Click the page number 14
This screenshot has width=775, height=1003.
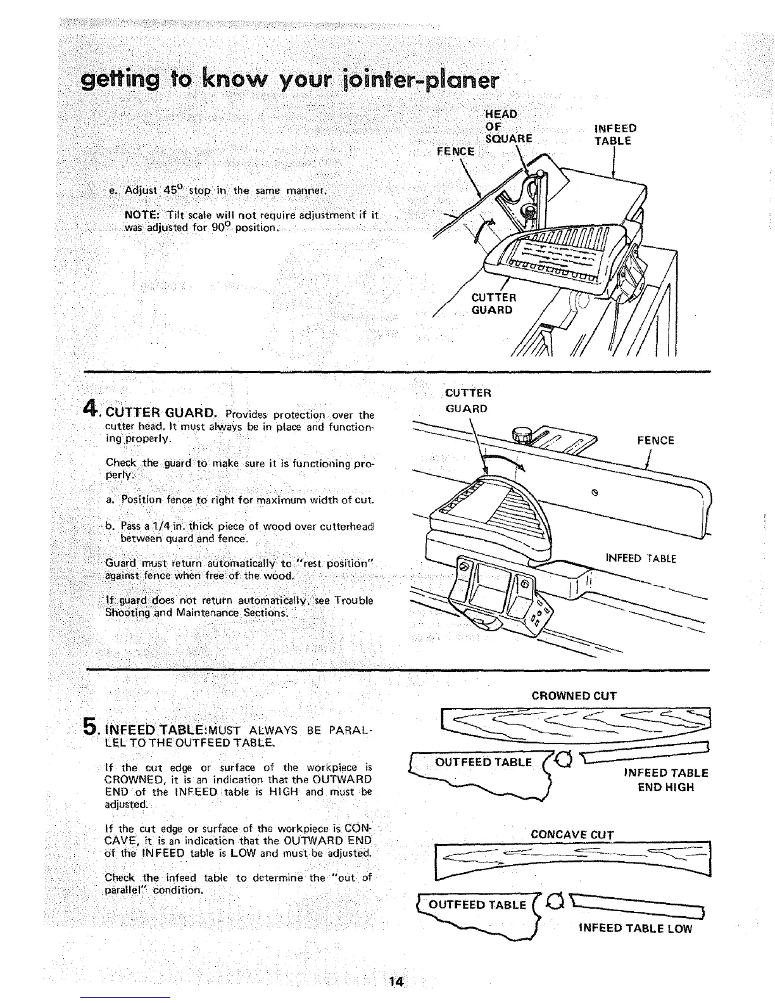[397, 982]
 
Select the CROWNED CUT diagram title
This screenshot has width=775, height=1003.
[574, 696]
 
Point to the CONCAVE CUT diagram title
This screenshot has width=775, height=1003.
[572, 834]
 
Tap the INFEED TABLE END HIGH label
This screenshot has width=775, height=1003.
[665, 780]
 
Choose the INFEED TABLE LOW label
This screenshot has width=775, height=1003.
[636, 929]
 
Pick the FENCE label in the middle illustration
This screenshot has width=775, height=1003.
[655, 441]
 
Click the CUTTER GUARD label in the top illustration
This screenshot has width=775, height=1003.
[494, 304]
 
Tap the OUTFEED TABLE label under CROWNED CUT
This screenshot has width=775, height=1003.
[484, 762]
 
